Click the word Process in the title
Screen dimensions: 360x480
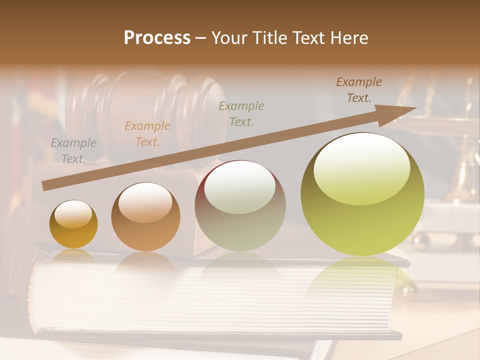pos(157,38)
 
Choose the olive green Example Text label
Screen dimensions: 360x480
pos(241,113)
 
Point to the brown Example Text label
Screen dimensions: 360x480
pos(359,90)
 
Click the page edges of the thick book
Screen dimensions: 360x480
pos(200,300)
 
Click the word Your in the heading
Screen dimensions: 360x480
pos(229,38)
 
